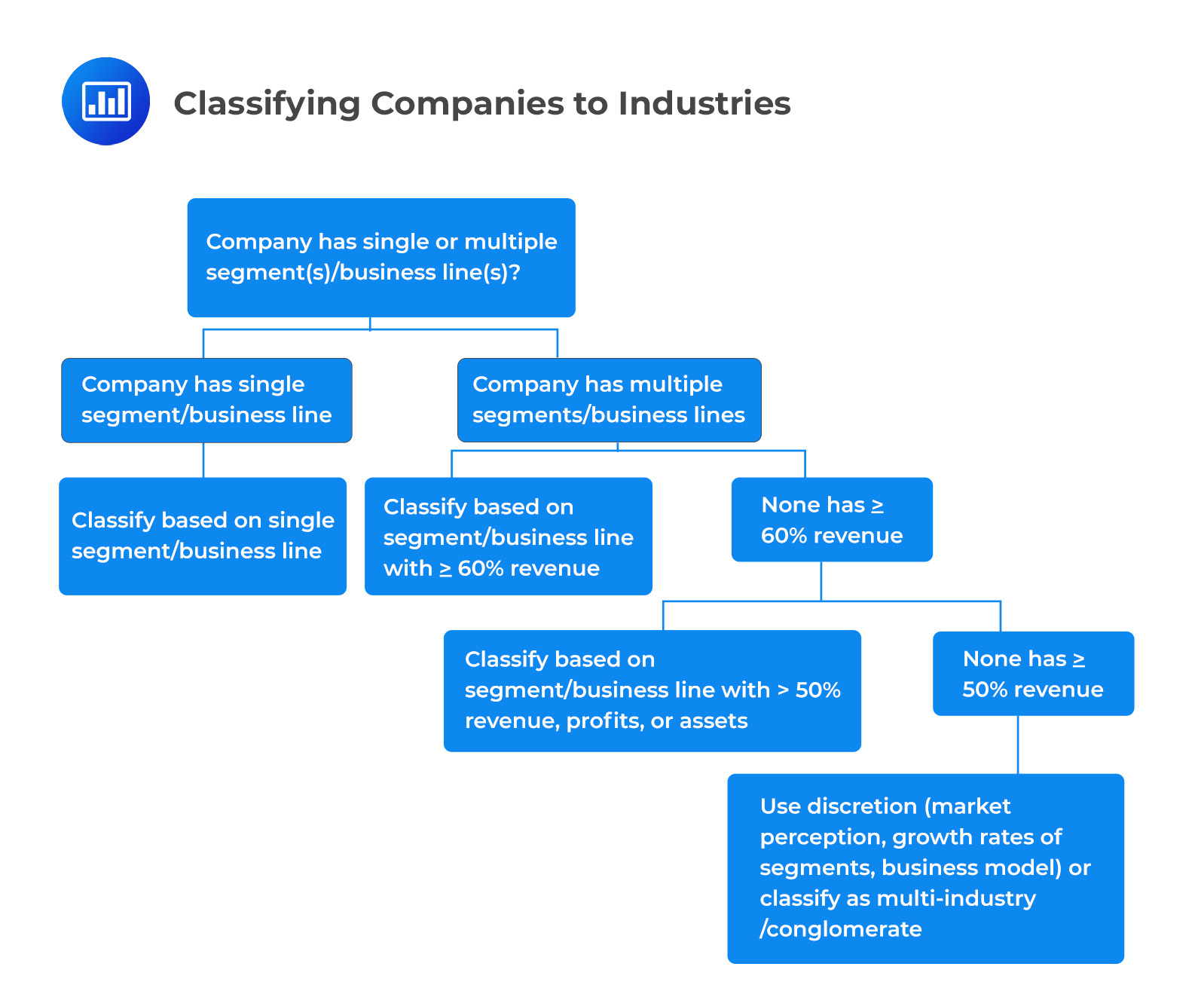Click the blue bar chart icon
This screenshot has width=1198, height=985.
click(106, 101)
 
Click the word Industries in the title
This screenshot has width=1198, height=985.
click(704, 103)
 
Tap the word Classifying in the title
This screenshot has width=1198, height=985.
click(267, 104)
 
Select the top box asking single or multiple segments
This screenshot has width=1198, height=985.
click(381, 257)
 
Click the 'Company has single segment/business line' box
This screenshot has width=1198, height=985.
click(206, 400)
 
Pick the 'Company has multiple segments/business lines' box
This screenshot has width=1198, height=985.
click(609, 400)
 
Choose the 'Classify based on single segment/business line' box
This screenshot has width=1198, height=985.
click(203, 536)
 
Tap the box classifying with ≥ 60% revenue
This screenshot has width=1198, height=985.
click(508, 536)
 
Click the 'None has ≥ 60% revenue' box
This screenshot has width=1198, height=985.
click(832, 519)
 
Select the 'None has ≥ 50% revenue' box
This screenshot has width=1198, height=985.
click(1033, 673)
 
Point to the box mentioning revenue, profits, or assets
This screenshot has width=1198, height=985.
click(652, 690)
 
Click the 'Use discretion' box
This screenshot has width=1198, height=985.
click(925, 868)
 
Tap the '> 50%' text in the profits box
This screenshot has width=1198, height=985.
click(809, 690)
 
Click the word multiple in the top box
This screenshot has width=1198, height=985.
click(510, 241)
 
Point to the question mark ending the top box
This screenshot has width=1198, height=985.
click(515, 272)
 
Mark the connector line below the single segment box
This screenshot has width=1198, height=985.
click(203, 460)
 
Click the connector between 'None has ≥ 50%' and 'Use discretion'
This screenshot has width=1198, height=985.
click(1018, 745)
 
